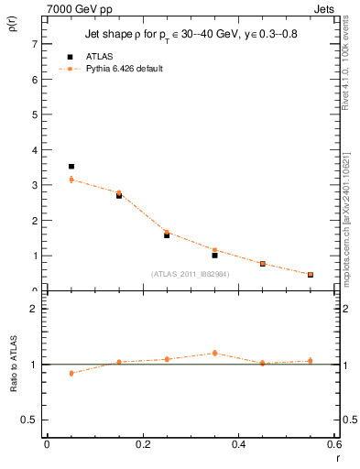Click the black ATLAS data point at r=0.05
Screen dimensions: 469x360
tap(71, 167)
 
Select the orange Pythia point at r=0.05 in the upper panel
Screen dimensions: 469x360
tap(71, 180)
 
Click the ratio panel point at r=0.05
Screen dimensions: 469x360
tap(71, 373)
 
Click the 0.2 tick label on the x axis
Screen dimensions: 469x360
tap(142, 444)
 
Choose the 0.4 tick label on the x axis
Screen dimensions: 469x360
tap(238, 444)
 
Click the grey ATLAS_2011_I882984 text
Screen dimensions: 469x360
tap(190, 274)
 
